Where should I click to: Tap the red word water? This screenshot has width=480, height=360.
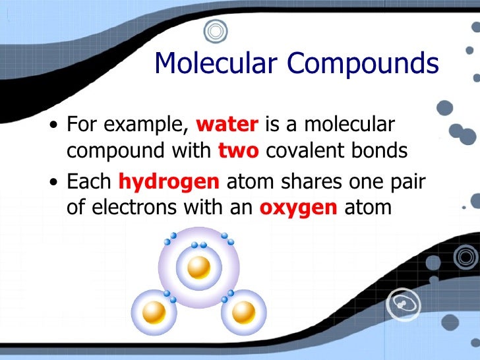tap(228, 124)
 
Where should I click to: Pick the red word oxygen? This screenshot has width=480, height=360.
tap(299, 208)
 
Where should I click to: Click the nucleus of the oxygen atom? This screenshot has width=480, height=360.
tap(198, 267)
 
